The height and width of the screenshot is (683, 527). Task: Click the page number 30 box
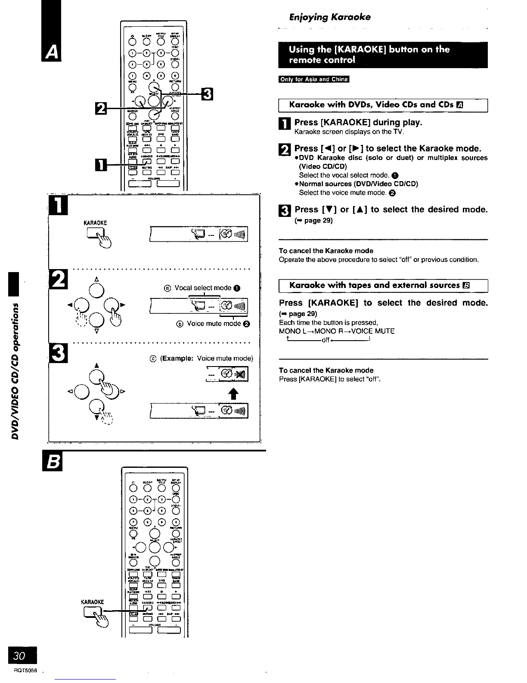pyautogui.click(x=19, y=656)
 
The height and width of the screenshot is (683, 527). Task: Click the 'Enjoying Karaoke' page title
pyautogui.click(x=329, y=17)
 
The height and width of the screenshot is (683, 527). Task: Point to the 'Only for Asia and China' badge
pyautogui.click(x=314, y=79)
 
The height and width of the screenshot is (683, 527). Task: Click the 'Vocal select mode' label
pyautogui.click(x=203, y=288)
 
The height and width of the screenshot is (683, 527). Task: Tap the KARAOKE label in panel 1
pyautogui.click(x=95, y=223)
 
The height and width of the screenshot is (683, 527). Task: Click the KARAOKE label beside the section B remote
pyautogui.click(x=93, y=602)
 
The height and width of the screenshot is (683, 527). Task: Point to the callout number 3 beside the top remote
pyautogui.click(x=207, y=94)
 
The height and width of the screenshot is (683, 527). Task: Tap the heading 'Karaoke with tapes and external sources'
pyautogui.click(x=375, y=285)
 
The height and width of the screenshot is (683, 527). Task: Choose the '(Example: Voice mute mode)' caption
pyautogui.click(x=206, y=358)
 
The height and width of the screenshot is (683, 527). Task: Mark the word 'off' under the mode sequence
pyautogui.click(x=325, y=340)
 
